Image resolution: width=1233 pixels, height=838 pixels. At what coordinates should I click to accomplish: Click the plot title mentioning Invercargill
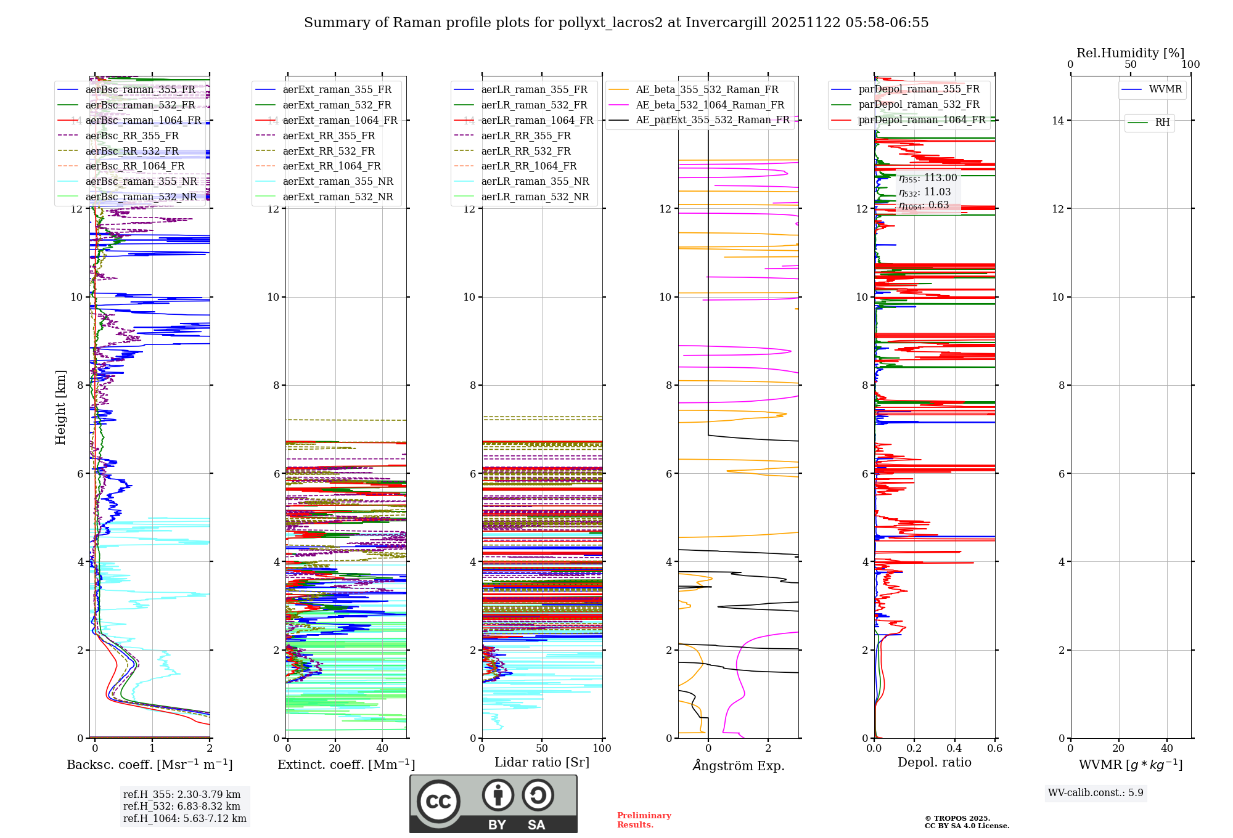pyautogui.click(x=616, y=23)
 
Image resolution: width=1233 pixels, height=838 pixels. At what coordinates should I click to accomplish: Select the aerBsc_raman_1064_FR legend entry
pyautogui.click(x=143, y=120)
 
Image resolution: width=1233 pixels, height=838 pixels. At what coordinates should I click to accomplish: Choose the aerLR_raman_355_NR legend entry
pyautogui.click(x=535, y=181)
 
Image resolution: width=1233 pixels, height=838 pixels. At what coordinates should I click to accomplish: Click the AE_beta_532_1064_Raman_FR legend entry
pyautogui.click(x=710, y=105)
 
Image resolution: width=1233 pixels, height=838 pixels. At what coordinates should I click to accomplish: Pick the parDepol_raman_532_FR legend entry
pyautogui.click(x=919, y=105)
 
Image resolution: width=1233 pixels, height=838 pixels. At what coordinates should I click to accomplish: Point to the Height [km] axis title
pyautogui.click(x=60, y=407)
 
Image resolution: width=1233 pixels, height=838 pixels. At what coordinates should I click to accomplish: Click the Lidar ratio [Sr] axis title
pyautogui.click(x=542, y=762)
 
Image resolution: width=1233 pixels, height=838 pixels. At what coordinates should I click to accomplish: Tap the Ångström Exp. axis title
pyautogui.click(x=739, y=765)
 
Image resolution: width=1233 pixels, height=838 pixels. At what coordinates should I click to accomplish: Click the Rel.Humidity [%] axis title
pyautogui.click(x=1130, y=53)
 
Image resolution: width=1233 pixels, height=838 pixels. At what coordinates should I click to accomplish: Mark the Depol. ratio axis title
pyautogui.click(x=934, y=762)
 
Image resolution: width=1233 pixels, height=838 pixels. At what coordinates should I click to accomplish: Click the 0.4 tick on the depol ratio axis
pyautogui.click(x=954, y=748)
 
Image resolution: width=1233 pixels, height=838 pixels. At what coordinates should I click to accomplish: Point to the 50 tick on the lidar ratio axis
pyautogui.click(x=542, y=748)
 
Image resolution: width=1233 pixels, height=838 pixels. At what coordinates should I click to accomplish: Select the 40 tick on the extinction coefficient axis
pyautogui.click(x=382, y=748)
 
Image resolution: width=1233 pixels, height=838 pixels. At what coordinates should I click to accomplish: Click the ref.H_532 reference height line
pyautogui.click(x=182, y=806)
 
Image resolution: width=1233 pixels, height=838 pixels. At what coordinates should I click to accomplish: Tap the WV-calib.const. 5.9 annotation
pyautogui.click(x=1096, y=792)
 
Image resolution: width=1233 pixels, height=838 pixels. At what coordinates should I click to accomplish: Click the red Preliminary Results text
pyautogui.click(x=644, y=820)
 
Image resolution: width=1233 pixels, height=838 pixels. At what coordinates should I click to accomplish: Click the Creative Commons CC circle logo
pyautogui.click(x=438, y=801)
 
